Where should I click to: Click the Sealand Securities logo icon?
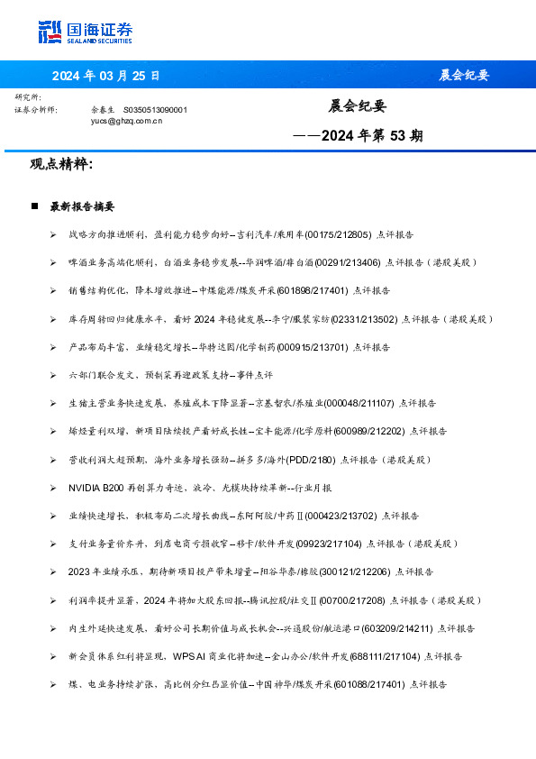pyautogui.click(x=50, y=32)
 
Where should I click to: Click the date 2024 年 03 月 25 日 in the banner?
pyautogui.click(x=105, y=75)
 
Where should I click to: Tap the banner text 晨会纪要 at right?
pyautogui.click(x=464, y=75)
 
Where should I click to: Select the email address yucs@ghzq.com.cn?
pyautogui.click(x=127, y=119)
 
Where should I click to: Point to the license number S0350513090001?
pyautogui.click(x=155, y=109)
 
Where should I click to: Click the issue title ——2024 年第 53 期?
pyautogui.click(x=358, y=137)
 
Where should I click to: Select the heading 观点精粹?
pyautogui.click(x=61, y=165)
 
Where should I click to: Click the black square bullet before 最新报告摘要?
pyautogui.click(x=33, y=206)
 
